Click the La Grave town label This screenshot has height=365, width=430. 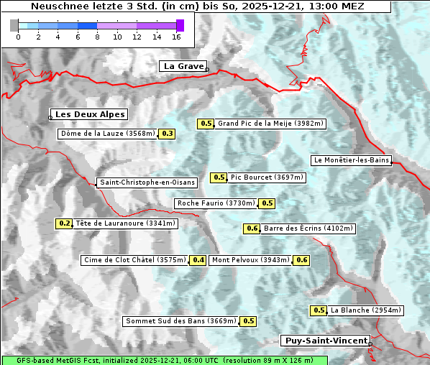(x=183, y=66)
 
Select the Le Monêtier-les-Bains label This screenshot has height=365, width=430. (x=351, y=160)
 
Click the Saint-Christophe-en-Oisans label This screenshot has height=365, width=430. (x=147, y=182)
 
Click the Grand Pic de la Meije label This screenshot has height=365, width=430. (x=271, y=124)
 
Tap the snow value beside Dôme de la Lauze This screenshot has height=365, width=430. (x=168, y=134)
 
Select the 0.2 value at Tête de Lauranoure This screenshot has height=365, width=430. (x=65, y=223)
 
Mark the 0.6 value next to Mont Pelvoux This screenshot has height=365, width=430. (x=301, y=260)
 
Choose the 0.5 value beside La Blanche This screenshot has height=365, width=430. (x=319, y=310)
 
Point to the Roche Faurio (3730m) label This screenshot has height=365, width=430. (x=216, y=203)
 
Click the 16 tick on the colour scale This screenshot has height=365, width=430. (x=177, y=36)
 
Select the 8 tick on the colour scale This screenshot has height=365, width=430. (x=97, y=36)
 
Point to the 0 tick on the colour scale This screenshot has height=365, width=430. (x=18, y=36)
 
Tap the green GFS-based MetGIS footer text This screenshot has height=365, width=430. (x=164, y=360)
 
